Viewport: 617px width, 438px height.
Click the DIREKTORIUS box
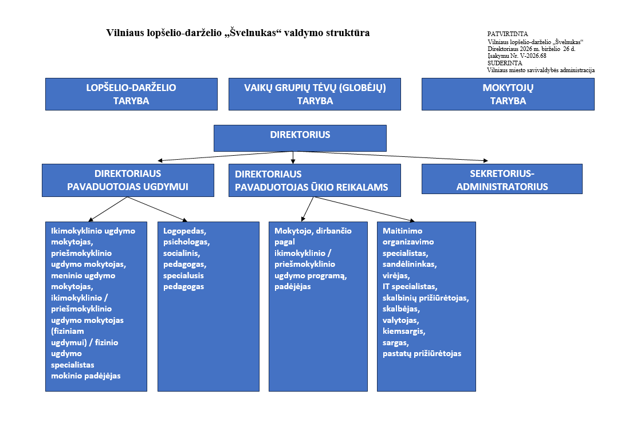coord(300,138)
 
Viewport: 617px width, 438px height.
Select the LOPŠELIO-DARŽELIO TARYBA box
coord(131,94)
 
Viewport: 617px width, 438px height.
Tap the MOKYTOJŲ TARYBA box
coord(508,94)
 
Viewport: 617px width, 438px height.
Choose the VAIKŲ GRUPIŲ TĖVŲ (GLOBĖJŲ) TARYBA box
coord(315,94)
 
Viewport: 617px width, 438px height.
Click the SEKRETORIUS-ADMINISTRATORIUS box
coord(502,179)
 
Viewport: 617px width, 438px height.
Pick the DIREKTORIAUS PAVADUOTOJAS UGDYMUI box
coord(128,180)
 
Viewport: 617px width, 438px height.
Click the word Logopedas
coord(184,231)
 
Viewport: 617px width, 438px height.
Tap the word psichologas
coord(187,242)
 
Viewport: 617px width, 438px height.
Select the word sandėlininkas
coord(410,264)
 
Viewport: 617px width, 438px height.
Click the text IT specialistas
coord(410,287)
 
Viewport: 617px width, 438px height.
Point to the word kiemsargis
coord(404,331)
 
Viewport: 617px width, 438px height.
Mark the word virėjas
coord(396,275)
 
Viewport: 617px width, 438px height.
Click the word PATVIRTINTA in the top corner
coord(508,34)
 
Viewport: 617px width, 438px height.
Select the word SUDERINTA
coord(505,63)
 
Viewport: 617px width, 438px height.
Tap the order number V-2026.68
coord(533,56)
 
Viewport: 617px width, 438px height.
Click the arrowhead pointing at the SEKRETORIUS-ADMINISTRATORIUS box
coord(486,160)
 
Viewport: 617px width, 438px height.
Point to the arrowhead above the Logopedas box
coord(184,220)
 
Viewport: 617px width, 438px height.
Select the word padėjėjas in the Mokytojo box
coord(292,287)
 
